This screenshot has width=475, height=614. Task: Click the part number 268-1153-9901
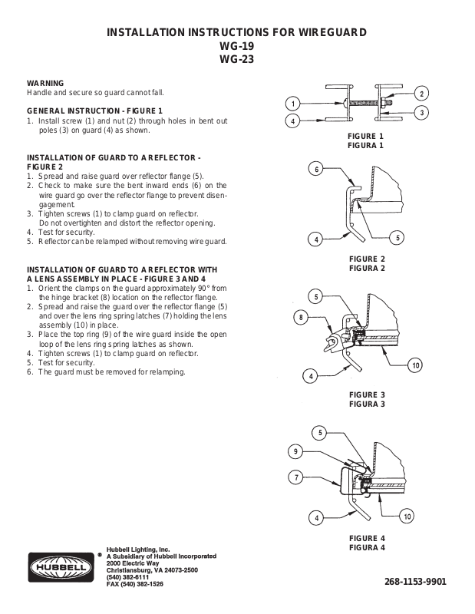click(414, 581)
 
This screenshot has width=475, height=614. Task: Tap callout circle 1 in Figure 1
click(292, 104)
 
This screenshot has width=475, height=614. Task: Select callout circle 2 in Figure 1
click(421, 94)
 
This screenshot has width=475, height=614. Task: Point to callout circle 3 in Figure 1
click(421, 113)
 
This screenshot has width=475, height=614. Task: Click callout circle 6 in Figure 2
click(314, 170)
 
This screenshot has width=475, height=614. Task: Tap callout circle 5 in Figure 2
click(397, 238)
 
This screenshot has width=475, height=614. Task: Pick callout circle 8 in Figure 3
click(302, 315)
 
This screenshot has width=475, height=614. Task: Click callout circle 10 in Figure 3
click(415, 364)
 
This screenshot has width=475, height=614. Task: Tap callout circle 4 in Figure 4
click(314, 518)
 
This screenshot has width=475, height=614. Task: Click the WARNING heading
click(45, 82)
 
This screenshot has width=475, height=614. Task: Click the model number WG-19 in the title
click(236, 45)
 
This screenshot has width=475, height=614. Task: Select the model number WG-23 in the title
click(236, 58)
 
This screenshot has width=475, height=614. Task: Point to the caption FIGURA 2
click(366, 269)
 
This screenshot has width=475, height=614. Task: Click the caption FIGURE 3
click(366, 395)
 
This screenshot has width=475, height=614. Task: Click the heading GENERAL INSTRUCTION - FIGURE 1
click(95, 111)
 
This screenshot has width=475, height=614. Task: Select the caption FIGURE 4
click(366, 538)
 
